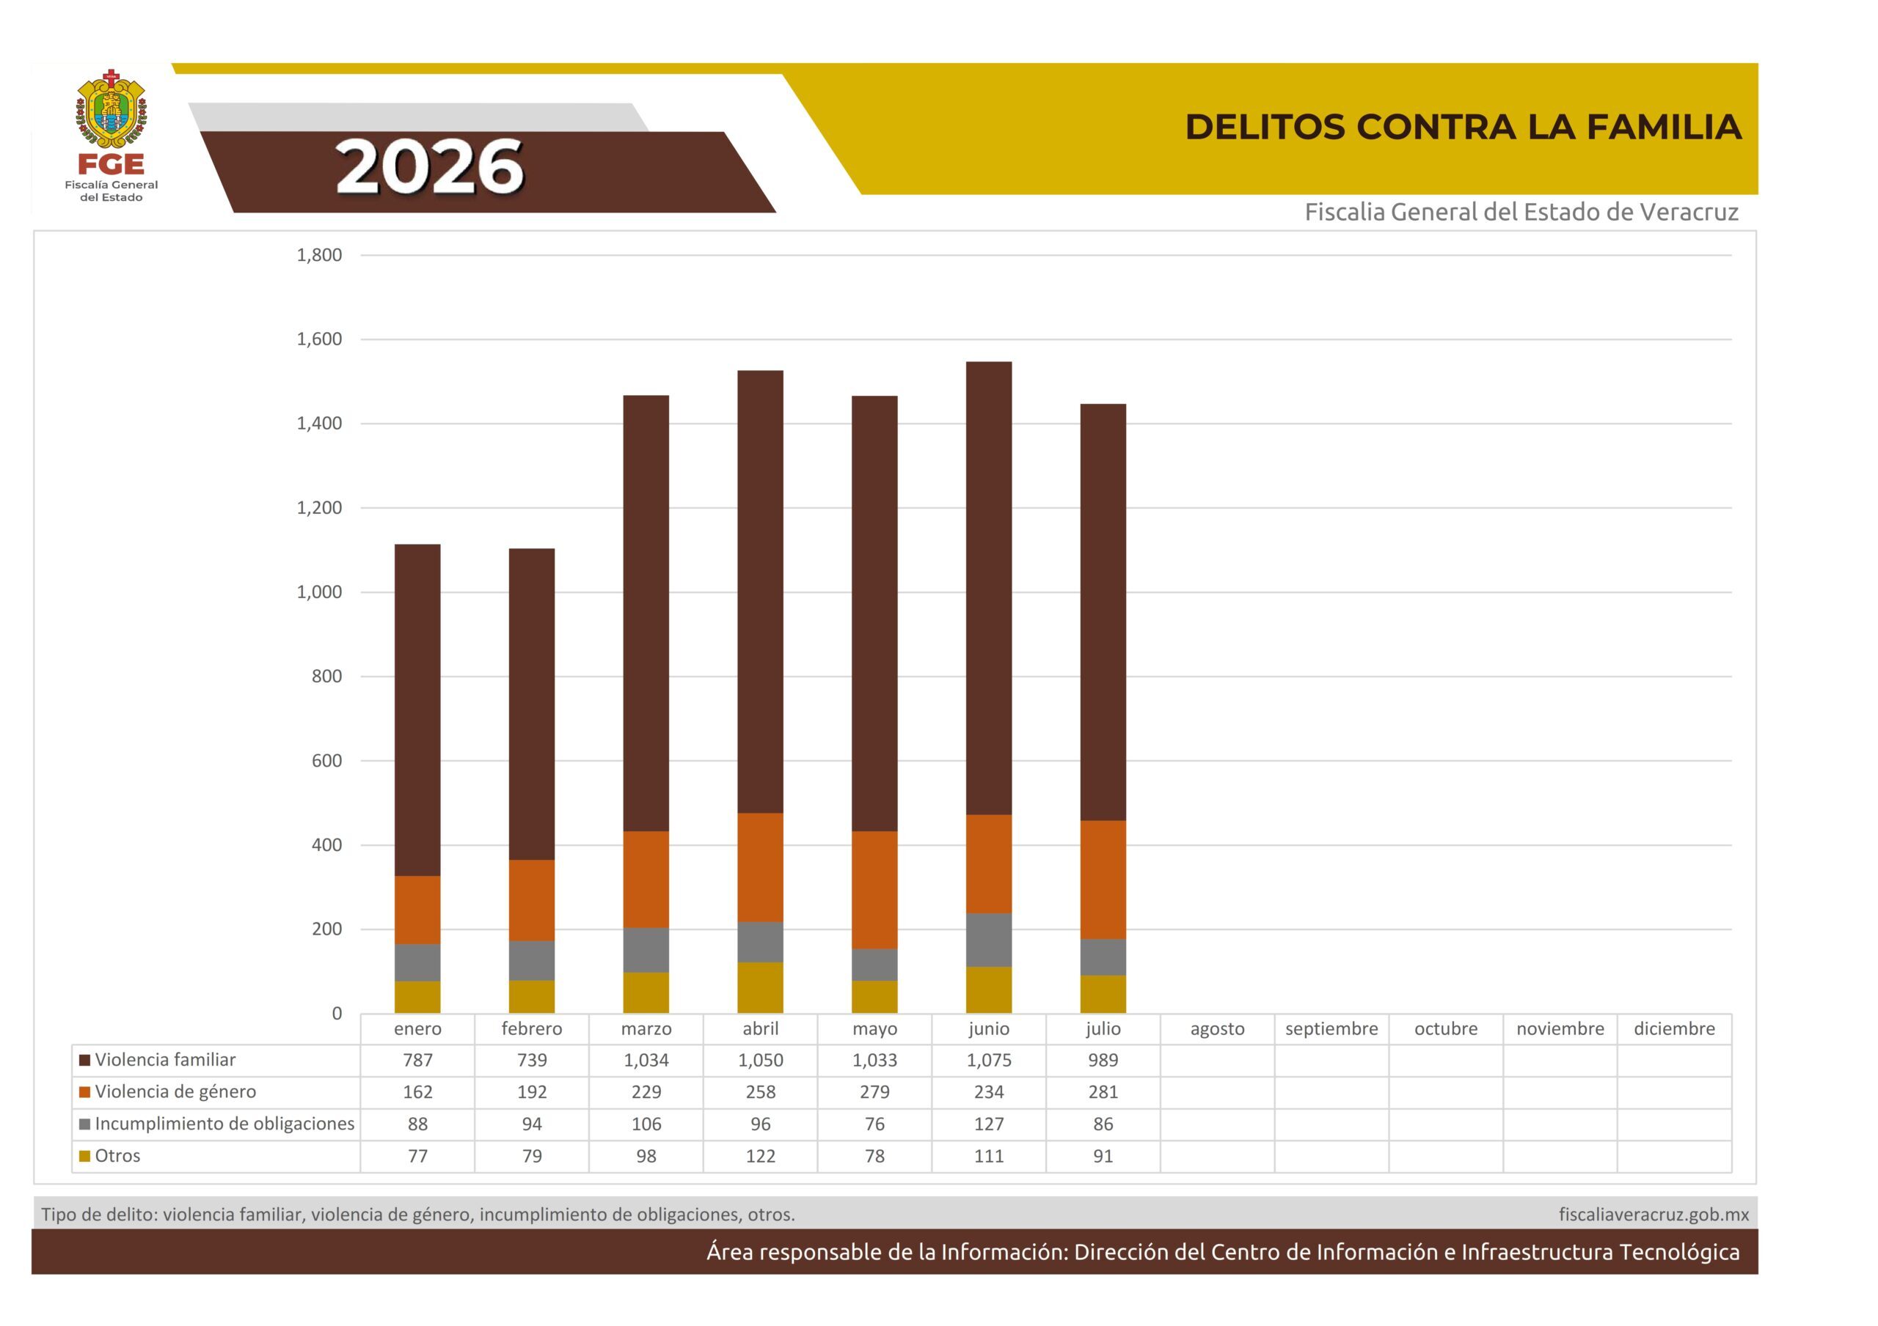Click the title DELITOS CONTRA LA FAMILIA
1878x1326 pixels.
pyautogui.click(x=1463, y=127)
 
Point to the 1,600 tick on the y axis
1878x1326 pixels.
pyautogui.click(x=319, y=339)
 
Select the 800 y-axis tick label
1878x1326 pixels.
pyautogui.click(x=326, y=676)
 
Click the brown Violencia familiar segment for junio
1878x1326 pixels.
pyautogui.click(x=989, y=589)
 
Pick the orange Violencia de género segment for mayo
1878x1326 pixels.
pyautogui.click(x=874, y=891)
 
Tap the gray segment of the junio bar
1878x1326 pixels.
pyautogui.click(x=989, y=940)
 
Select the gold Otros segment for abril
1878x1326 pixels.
pyautogui.click(x=760, y=987)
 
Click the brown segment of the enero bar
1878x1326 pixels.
pyautogui.click(x=417, y=710)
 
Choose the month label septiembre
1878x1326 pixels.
pyautogui.click(x=1331, y=1028)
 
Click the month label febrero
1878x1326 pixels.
pyautogui.click(x=532, y=1028)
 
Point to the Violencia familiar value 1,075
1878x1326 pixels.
pyautogui.click(x=989, y=1061)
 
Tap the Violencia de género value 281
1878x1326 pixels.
pyautogui.click(x=1103, y=1092)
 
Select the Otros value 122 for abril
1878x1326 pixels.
pyautogui.click(x=760, y=1156)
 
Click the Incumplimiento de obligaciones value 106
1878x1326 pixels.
pyautogui.click(x=646, y=1124)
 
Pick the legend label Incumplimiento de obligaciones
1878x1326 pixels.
pyautogui.click(x=225, y=1124)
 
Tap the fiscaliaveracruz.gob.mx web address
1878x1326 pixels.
pyautogui.click(x=1654, y=1215)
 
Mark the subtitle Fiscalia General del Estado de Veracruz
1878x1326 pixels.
pyautogui.click(x=1521, y=213)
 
